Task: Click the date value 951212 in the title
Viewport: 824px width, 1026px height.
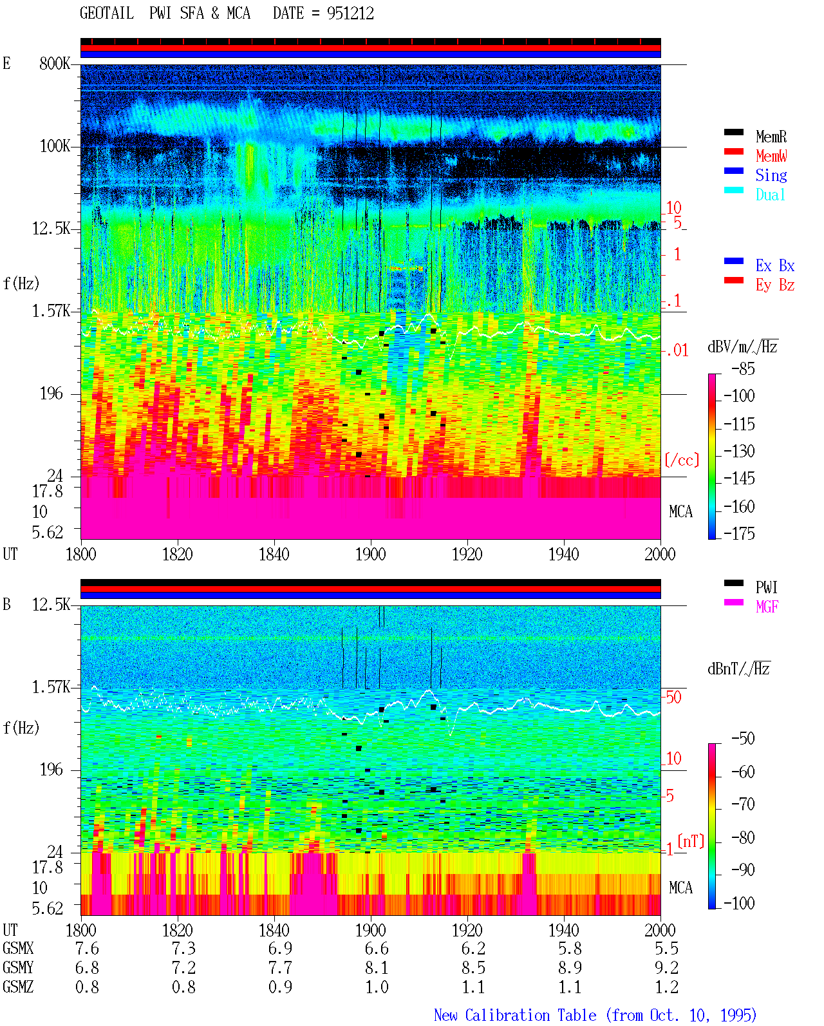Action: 350,14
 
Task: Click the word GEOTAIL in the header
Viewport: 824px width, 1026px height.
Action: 107,14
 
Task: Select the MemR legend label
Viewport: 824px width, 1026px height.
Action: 771,137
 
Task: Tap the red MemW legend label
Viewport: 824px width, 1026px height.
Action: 771,156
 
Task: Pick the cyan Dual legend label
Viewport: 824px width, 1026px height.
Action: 770,195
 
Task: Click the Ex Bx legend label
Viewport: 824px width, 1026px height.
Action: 775,265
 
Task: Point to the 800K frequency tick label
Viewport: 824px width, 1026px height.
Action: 55,63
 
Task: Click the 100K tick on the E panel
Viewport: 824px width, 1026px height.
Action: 55,146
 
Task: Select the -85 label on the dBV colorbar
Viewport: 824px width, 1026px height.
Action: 743,369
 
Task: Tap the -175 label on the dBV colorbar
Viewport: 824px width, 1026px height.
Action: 739,533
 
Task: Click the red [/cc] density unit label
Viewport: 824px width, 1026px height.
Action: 682,460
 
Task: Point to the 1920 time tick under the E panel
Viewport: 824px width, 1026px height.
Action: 467,555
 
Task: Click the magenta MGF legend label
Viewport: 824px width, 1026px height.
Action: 767,607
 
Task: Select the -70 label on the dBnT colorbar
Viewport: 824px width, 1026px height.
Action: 743,804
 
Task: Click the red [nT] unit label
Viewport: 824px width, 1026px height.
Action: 691,841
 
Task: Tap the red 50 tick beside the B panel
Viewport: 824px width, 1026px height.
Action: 673,698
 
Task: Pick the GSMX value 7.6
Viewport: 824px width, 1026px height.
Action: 87,949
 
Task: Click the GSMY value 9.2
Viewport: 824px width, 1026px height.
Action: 666,968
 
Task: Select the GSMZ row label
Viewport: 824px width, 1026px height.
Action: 18,987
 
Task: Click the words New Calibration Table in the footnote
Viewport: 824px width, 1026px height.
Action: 515,1016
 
